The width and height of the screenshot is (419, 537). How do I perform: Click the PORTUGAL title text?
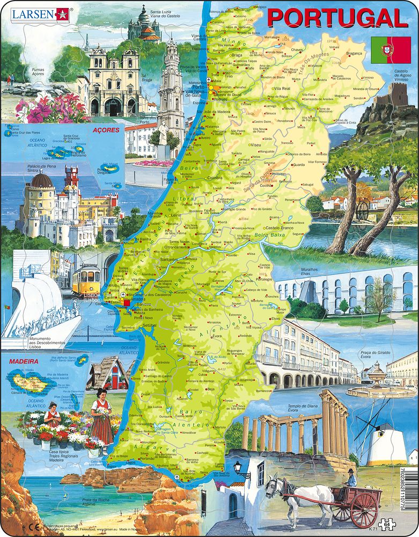(337, 18)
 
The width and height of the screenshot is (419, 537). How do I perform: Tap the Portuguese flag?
(390, 49)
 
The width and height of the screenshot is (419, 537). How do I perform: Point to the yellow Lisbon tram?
(86, 279)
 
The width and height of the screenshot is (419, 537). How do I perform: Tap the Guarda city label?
(299, 165)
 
